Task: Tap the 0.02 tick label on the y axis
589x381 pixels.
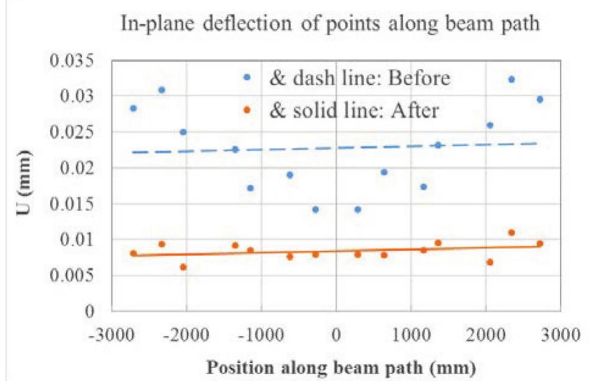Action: [x=77, y=168]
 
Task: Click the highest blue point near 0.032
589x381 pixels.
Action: [x=512, y=79]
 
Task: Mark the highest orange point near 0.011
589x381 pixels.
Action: [x=512, y=232]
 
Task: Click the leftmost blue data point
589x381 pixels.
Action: [x=133, y=108]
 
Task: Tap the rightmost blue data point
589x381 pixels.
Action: [x=540, y=99]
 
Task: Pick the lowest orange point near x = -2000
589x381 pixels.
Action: [x=183, y=267]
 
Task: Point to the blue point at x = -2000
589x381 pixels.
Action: [x=183, y=132]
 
